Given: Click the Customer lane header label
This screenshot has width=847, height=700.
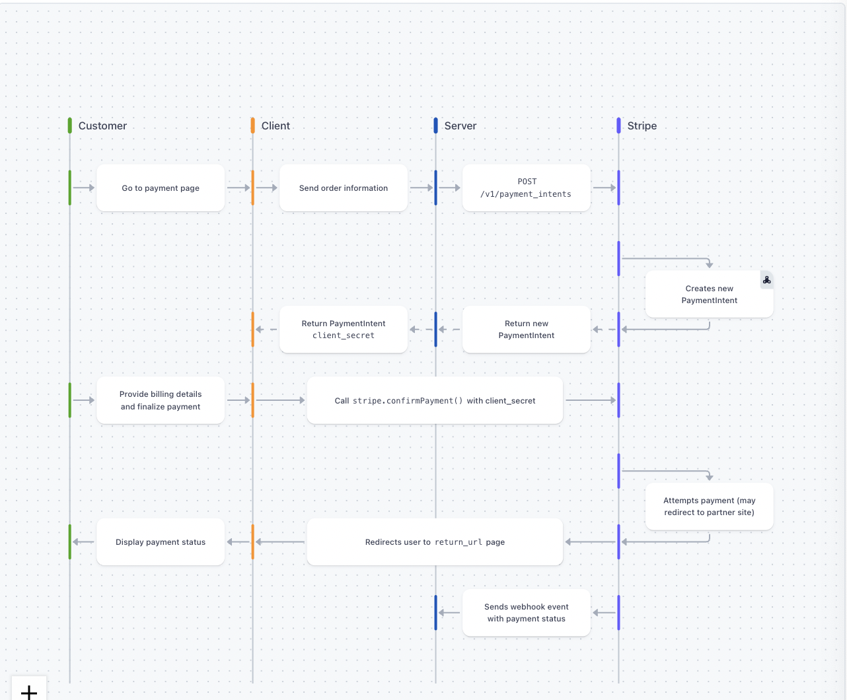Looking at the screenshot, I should click(x=102, y=126).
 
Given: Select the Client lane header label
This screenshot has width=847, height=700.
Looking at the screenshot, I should click(x=276, y=126).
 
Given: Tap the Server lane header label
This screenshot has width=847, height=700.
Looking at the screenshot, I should click(x=460, y=126).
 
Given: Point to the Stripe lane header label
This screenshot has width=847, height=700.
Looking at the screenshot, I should click(x=642, y=126).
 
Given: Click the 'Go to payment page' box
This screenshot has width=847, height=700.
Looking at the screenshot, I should click(x=161, y=188).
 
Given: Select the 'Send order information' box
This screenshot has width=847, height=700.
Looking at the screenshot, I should click(x=344, y=188).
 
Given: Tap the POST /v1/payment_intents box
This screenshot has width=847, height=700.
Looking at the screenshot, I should click(x=527, y=188).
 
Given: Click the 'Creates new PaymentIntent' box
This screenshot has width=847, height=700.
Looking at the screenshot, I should click(x=709, y=295).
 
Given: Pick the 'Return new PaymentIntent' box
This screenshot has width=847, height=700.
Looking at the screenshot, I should click(x=527, y=330).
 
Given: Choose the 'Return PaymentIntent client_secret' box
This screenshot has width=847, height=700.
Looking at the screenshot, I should click(x=344, y=330).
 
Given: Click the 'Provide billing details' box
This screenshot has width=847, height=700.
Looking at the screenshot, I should click(x=161, y=400).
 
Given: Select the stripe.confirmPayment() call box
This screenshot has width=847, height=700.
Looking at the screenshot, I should click(x=435, y=401).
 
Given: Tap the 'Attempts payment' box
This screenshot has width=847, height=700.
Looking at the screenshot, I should click(x=709, y=507).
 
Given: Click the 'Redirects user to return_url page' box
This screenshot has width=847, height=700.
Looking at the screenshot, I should click(x=435, y=542).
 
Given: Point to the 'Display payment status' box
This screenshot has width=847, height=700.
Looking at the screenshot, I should click(x=161, y=542).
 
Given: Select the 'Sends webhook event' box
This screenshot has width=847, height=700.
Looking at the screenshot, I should click(x=527, y=613).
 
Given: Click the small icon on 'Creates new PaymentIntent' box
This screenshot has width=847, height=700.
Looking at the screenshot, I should click(x=766, y=280).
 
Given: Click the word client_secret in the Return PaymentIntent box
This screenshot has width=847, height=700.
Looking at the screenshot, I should click(x=344, y=336).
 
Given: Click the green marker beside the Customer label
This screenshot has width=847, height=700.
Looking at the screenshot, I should click(x=70, y=125).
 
